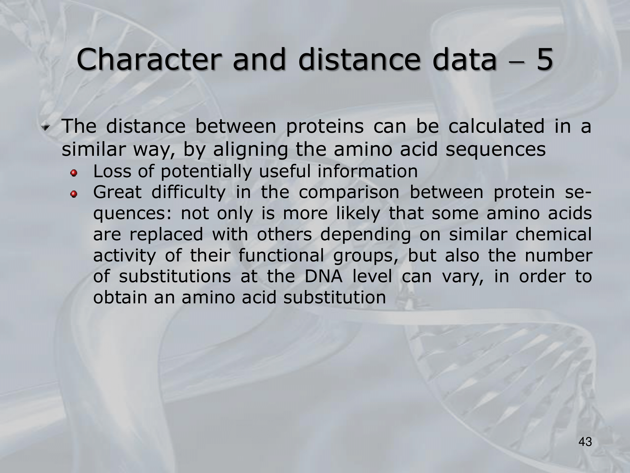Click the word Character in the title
148,60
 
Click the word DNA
324,276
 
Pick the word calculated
496,126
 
